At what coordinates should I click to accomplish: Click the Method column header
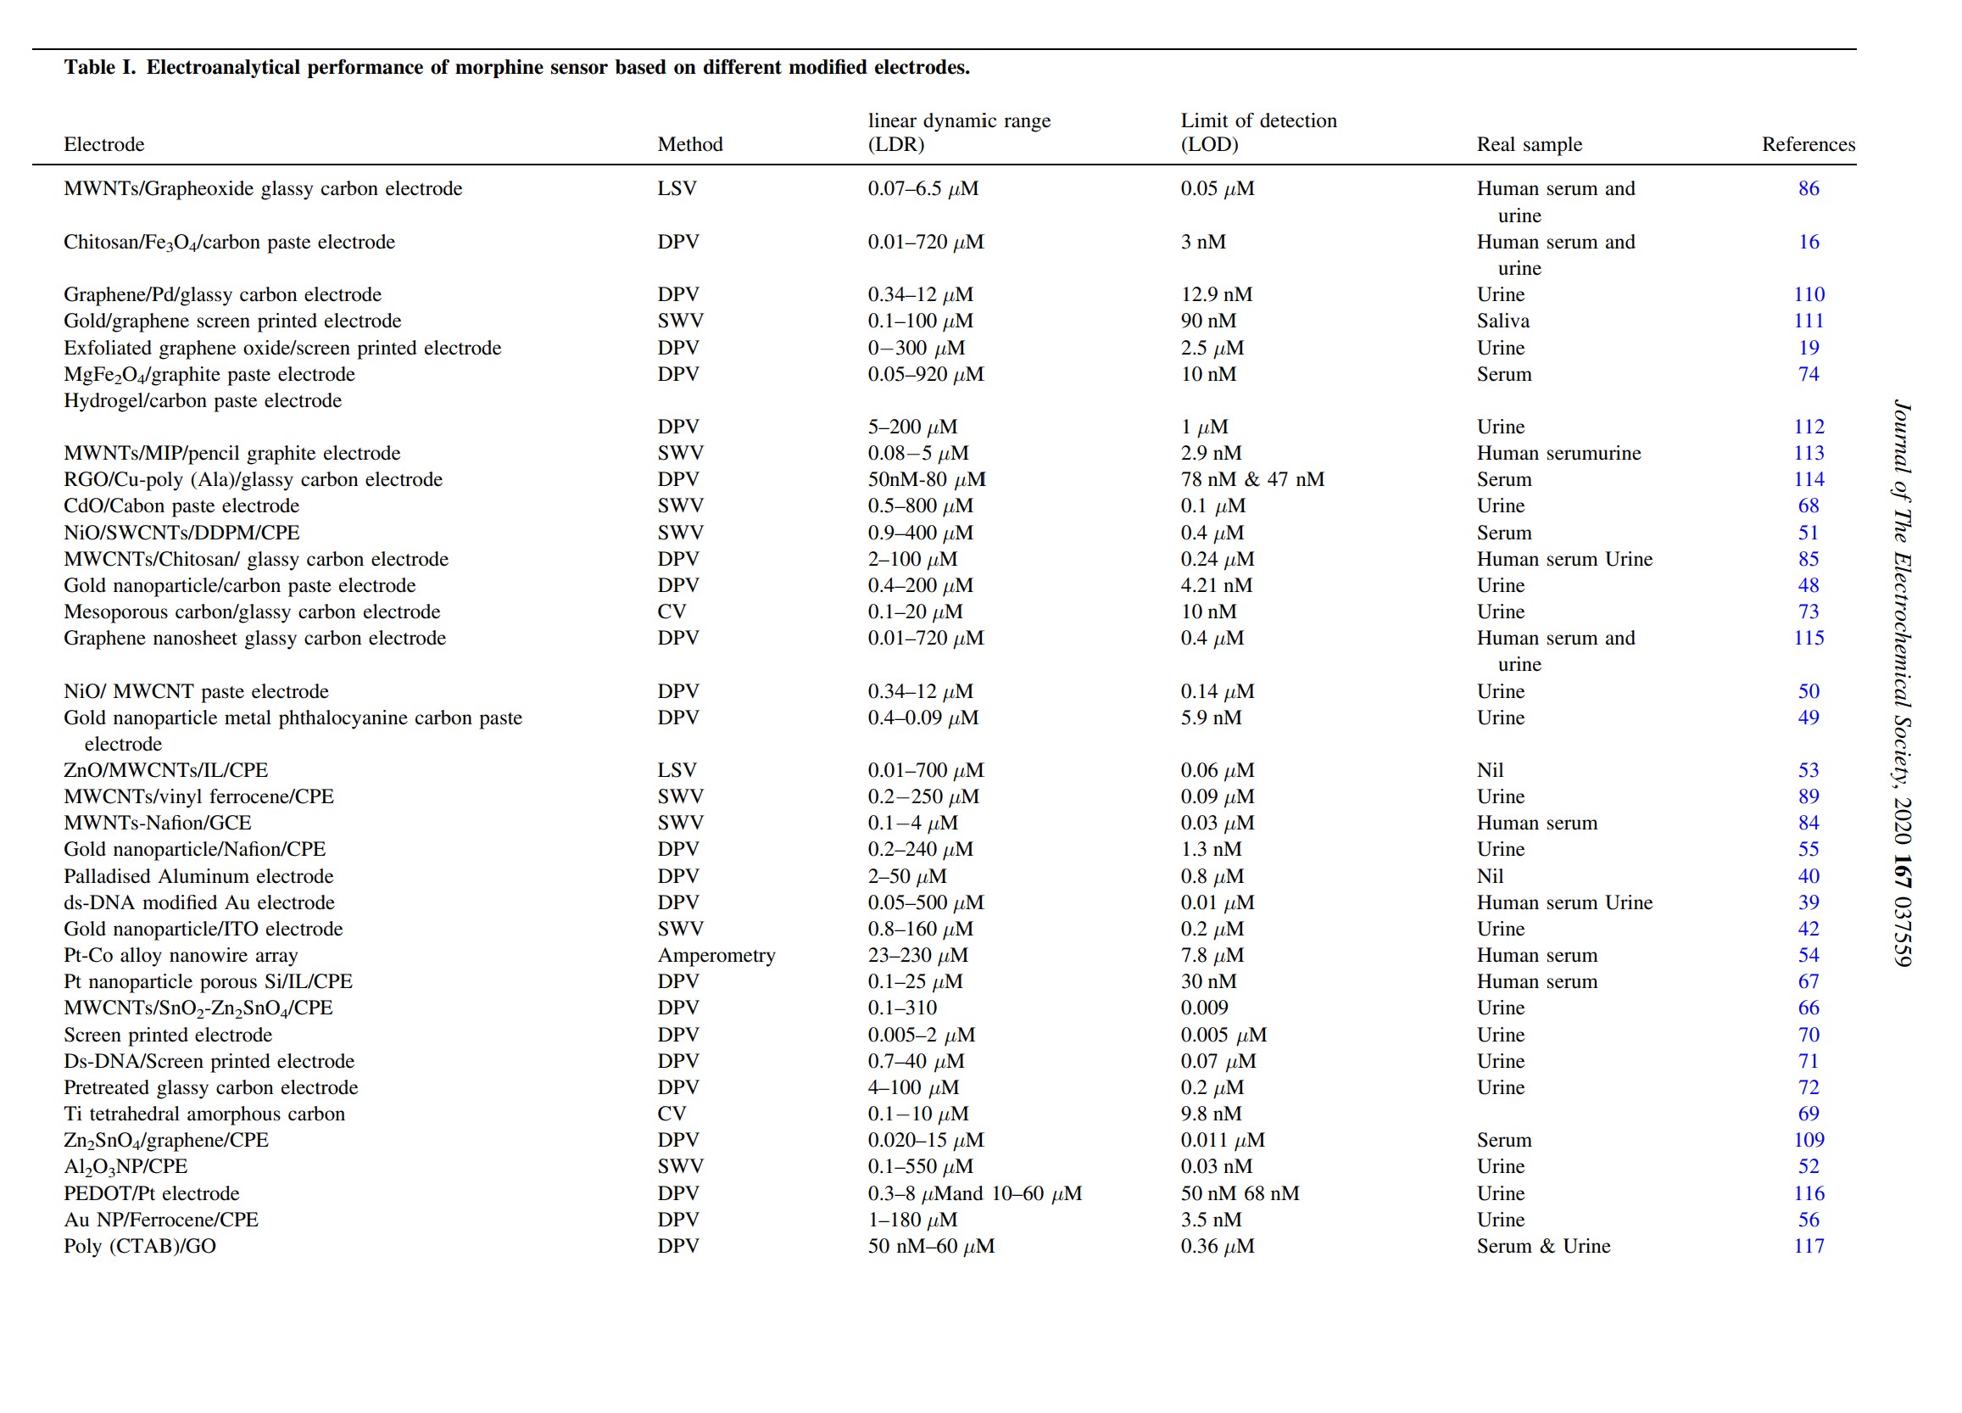click(689, 144)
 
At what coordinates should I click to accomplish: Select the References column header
click(1808, 144)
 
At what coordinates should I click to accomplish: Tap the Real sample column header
click(1529, 144)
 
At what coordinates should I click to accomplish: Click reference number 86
click(1808, 188)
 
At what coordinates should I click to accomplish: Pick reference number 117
click(1808, 1246)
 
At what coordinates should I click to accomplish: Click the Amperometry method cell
click(716, 955)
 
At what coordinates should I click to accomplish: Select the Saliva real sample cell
click(1502, 321)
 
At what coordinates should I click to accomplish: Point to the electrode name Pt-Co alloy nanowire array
click(181, 955)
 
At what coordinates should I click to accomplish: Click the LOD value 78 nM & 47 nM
click(1251, 479)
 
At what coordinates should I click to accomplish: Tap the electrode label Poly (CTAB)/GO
click(140, 1246)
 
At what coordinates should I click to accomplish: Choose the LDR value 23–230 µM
click(918, 955)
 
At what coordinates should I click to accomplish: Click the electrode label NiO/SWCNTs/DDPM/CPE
click(181, 533)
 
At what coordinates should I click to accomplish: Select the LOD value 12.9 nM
click(1217, 295)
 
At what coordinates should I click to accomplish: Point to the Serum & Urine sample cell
click(1543, 1246)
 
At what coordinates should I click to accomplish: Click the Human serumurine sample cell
click(1558, 454)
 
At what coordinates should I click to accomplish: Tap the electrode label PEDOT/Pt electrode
click(152, 1193)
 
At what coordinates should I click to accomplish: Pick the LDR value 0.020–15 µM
click(926, 1141)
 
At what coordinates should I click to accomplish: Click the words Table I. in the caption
click(99, 68)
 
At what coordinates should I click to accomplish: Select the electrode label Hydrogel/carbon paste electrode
click(203, 400)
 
